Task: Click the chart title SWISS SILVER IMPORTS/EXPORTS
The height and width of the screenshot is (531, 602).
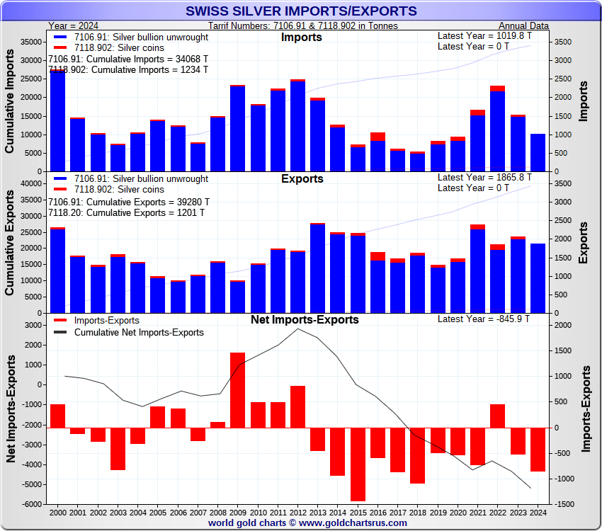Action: [300, 11]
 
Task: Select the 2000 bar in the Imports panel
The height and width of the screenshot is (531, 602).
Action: [57, 120]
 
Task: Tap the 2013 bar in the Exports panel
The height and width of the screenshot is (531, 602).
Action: [317, 268]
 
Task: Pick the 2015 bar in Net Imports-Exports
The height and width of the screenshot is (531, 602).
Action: [358, 464]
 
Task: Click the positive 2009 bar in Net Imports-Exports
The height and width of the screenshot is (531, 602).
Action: [237, 390]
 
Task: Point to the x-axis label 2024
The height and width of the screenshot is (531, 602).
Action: [538, 512]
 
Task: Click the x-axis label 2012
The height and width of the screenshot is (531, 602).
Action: [297, 512]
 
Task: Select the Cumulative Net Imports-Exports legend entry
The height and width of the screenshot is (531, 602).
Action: [139, 332]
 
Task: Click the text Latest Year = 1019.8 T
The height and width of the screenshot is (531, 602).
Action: [484, 35]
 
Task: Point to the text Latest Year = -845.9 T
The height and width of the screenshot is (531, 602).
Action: [484, 319]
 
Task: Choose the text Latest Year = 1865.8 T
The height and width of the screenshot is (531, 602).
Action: [484, 177]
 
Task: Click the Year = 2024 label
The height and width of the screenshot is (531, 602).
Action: [74, 25]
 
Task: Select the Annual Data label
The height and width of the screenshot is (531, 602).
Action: [528, 25]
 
